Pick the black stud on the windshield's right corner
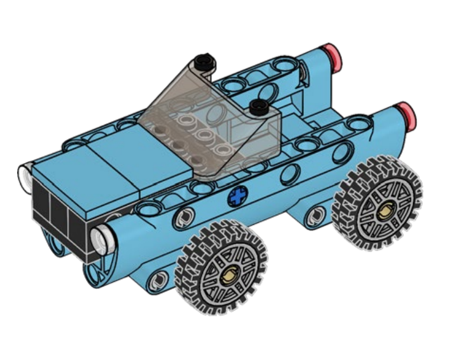258,107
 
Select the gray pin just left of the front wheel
157,280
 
